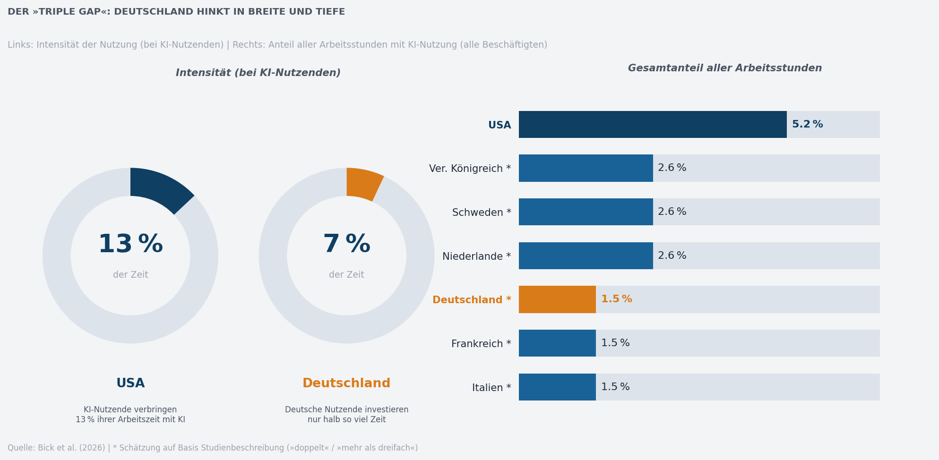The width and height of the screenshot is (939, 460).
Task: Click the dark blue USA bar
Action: point(652,125)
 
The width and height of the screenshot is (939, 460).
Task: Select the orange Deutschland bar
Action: point(557,299)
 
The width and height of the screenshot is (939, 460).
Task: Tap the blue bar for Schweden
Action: point(586,212)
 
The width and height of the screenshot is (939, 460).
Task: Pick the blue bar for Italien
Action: point(557,387)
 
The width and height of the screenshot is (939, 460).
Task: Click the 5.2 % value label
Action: point(807,125)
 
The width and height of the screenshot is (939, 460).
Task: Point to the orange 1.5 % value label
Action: point(616,299)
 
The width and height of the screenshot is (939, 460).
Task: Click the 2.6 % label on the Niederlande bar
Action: point(672,256)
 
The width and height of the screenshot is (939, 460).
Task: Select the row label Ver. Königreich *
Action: point(470,169)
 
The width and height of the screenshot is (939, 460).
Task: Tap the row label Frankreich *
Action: point(481,344)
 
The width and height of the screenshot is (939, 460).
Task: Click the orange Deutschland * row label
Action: point(471,300)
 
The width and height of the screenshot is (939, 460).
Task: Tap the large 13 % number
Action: point(130,245)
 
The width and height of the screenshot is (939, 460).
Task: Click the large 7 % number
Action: point(346,245)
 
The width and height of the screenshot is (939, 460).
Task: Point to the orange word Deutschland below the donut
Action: point(346,383)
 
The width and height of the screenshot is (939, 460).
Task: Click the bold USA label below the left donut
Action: point(130,383)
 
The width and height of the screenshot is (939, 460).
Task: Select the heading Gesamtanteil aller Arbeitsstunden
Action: point(724,68)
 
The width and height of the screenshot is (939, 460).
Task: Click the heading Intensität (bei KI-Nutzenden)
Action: point(258,73)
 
